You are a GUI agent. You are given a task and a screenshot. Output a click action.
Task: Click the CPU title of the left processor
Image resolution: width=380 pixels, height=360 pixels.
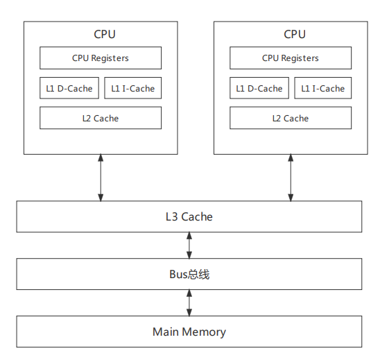point(105,34)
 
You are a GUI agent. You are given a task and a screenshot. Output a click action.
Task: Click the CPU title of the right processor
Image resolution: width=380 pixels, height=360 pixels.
point(295,34)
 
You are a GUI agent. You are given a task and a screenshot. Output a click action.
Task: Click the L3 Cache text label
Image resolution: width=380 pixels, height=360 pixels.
point(189,216)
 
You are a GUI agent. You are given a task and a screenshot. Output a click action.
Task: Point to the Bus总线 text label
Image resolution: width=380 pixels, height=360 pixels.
point(189,275)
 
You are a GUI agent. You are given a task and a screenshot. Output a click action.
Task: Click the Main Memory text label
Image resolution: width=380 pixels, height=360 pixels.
point(189,332)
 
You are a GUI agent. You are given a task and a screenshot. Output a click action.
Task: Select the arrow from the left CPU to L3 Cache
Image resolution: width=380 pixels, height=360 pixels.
point(101,178)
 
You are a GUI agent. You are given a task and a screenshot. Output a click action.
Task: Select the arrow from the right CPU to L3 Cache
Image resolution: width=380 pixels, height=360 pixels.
point(291,178)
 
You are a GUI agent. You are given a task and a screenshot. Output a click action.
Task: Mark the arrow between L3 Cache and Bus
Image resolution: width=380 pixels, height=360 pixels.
point(189,246)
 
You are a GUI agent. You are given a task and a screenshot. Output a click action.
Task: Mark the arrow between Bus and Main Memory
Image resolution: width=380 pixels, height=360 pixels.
point(189,303)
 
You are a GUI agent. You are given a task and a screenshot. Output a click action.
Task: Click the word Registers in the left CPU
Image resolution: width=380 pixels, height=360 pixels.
point(110,58)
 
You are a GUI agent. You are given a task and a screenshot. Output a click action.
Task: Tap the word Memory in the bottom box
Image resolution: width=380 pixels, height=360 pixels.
point(204,333)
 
